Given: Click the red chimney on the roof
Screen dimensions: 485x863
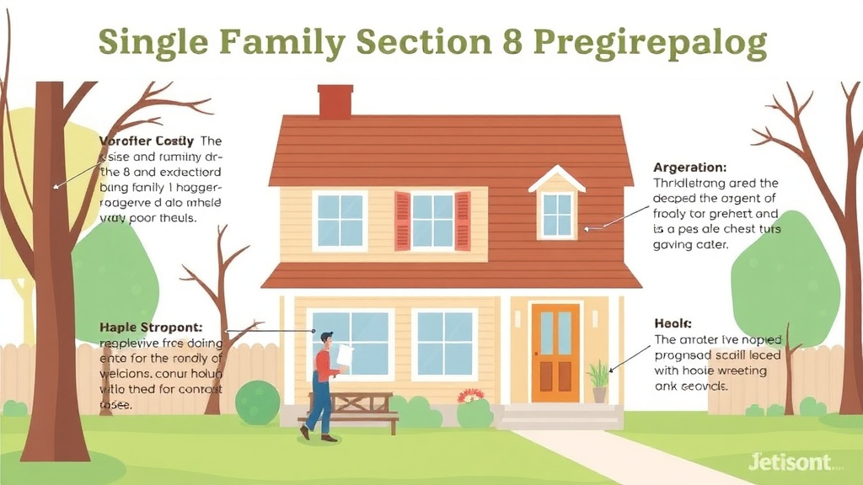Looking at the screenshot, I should (x=335, y=102).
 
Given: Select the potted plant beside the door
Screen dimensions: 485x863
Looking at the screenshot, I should (x=599, y=381).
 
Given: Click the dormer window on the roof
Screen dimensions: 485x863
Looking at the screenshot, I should (x=557, y=212).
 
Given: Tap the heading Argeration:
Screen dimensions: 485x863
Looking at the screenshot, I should (x=689, y=168).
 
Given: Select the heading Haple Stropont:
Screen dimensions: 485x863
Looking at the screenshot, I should (x=151, y=327).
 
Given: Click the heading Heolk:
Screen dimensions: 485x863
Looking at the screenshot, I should (x=673, y=324).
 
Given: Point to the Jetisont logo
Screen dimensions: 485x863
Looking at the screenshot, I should (x=788, y=461).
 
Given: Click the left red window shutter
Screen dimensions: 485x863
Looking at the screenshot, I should (x=402, y=221).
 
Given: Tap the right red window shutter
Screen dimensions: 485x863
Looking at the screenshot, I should (x=463, y=221).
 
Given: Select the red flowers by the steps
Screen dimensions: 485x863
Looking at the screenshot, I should (x=469, y=395).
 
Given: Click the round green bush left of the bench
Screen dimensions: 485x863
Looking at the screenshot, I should (x=257, y=402).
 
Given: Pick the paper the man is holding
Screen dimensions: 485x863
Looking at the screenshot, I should (x=345, y=357).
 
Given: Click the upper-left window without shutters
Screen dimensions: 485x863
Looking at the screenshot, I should (x=340, y=221).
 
